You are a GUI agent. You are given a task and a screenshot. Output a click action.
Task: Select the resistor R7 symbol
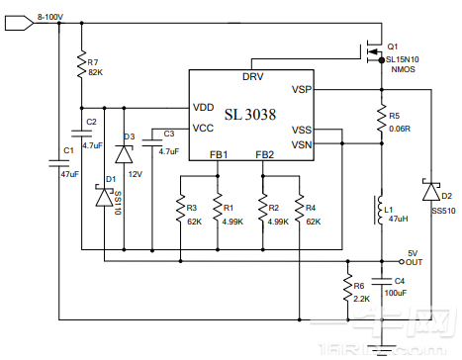(80, 65)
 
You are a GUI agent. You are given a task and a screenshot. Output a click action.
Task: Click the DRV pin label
(252, 76)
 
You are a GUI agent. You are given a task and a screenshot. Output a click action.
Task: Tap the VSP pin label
(303, 90)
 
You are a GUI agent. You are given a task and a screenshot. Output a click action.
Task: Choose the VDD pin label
(204, 107)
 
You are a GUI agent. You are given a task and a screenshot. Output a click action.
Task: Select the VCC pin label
(203, 128)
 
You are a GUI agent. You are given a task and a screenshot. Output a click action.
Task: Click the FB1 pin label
(219, 154)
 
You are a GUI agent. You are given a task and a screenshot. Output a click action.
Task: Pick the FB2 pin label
(264, 154)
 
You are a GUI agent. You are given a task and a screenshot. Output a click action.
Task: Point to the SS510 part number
(442, 210)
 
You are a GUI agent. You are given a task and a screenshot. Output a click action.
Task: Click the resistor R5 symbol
(382, 119)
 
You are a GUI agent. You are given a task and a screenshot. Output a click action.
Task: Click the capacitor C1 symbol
(60, 160)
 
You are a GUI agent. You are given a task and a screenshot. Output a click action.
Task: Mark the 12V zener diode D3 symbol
(124, 153)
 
